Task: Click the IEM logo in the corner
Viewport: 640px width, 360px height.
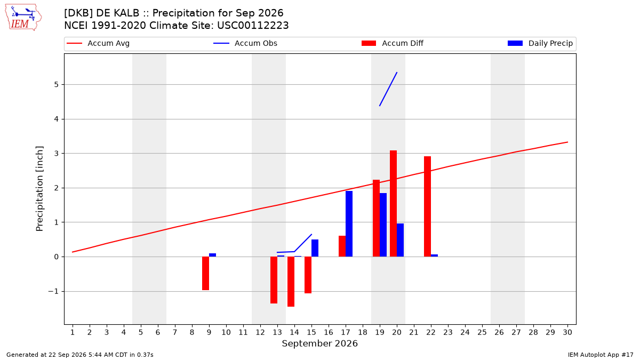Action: click(23, 18)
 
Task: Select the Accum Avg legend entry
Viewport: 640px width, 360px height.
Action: click(98, 43)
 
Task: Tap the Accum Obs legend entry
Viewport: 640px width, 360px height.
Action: click(245, 43)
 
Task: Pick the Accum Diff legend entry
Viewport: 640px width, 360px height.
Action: click(393, 43)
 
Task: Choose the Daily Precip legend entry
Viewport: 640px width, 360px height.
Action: click(540, 43)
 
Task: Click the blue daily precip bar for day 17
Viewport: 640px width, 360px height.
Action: click(349, 223)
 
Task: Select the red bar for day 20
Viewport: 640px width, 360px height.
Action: click(393, 203)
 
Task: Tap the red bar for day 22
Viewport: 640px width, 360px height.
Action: click(427, 206)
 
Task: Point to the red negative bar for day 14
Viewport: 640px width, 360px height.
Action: click(291, 282)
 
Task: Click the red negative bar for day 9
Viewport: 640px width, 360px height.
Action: click(205, 273)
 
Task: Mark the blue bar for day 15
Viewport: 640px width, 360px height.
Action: click(315, 248)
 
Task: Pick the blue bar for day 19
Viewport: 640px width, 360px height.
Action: click(383, 225)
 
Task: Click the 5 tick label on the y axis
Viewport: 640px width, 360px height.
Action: click(57, 85)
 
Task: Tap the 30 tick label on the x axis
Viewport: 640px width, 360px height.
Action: click(567, 332)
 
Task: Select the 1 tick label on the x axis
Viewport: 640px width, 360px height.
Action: click(73, 332)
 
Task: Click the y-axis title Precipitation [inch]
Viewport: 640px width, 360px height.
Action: click(39, 189)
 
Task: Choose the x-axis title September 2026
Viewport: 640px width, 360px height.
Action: click(319, 343)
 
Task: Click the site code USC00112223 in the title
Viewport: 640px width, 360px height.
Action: click(253, 26)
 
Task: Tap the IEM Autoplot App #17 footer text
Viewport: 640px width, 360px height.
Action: click(601, 355)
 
